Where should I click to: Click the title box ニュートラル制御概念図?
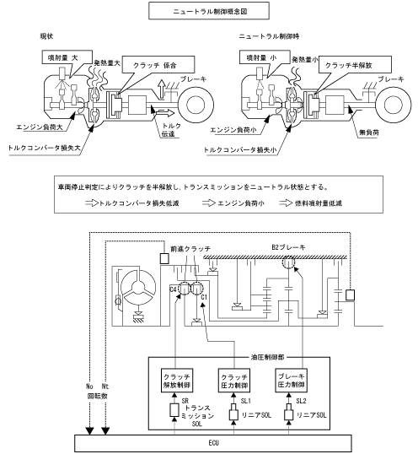point(209,11)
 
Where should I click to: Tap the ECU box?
point(213,443)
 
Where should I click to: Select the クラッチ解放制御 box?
point(177,381)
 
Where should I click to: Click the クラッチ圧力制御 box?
point(234,381)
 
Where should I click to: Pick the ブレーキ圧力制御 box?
point(291,381)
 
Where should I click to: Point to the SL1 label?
point(246,401)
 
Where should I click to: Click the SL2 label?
point(301,401)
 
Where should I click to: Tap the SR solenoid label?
point(185,401)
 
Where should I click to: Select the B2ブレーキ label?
point(288,247)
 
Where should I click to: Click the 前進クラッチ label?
point(190,249)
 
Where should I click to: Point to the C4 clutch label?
point(173,289)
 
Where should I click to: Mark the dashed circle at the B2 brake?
point(288,263)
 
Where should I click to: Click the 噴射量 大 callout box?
point(67,57)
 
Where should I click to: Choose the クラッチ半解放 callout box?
point(355,65)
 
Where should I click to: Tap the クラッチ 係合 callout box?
point(158,65)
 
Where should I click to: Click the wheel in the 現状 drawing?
point(196,105)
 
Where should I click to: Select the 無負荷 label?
point(369,132)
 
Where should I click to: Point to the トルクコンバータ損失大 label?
point(44,148)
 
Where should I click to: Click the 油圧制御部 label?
point(267,357)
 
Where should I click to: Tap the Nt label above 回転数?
point(105,386)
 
